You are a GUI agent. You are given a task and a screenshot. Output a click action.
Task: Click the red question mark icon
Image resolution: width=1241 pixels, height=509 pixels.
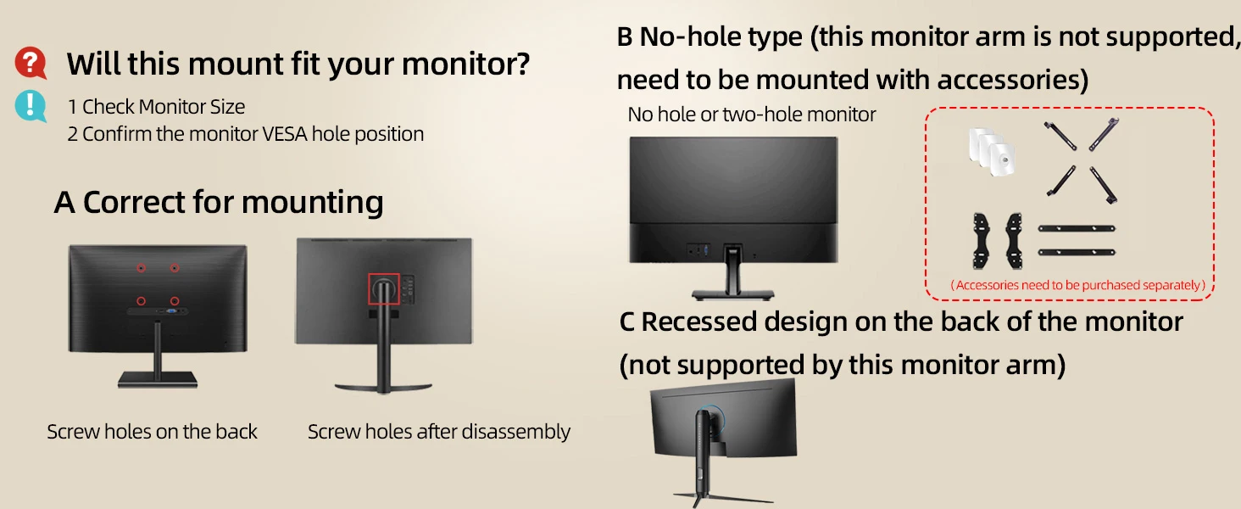pyautogui.click(x=31, y=63)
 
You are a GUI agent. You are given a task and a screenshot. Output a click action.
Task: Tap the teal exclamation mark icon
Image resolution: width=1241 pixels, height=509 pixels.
pyautogui.click(x=31, y=105)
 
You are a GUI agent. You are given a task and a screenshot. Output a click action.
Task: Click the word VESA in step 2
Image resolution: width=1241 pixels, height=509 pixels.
pyautogui.click(x=284, y=134)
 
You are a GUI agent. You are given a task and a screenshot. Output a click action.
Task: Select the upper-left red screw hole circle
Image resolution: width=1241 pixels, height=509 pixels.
pyautogui.click(x=142, y=268)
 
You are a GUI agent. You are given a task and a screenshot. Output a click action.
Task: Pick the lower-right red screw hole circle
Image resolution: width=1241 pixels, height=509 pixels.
pyautogui.click(x=175, y=301)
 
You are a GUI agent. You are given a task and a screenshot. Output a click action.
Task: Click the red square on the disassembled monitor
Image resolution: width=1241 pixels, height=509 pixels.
pyautogui.click(x=384, y=288)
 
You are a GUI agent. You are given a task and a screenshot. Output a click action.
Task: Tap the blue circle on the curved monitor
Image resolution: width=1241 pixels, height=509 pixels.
pyautogui.click(x=715, y=417)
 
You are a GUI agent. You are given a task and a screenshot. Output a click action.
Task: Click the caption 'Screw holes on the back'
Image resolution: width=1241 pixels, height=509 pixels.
pyautogui.click(x=152, y=431)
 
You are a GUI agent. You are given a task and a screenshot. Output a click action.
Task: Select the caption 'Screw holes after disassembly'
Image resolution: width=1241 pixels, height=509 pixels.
pyautogui.click(x=439, y=431)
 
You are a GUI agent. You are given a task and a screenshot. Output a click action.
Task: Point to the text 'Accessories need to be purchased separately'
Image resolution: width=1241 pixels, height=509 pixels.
pyautogui.click(x=1078, y=285)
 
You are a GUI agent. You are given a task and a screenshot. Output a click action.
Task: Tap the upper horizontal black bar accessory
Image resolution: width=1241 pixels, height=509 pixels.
pyautogui.click(x=1077, y=228)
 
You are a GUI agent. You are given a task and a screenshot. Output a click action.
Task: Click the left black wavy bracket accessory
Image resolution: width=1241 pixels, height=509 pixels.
pyautogui.click(x=981, y=241)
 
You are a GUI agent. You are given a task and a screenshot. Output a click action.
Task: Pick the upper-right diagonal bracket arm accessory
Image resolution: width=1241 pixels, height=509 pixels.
pyautogui.click(x=1104, y=134)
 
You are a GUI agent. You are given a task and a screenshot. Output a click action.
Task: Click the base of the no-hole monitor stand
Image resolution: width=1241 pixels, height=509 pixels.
pyautogui.click(x=732, y=294)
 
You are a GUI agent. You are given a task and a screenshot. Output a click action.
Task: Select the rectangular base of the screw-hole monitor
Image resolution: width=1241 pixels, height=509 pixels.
pyautogui.click(x=158, y=380)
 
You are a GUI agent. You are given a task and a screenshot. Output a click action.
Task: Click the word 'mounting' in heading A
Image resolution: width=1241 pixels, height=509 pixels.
pyautogui.click(x=313, y=203)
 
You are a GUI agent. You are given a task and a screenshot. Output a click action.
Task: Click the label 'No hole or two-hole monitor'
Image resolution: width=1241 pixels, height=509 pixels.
pyautogui.click(x=751, y=115)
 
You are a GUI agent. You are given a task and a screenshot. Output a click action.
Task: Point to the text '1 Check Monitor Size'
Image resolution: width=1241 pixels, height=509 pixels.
pyautogui.click(x=156, y=106)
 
